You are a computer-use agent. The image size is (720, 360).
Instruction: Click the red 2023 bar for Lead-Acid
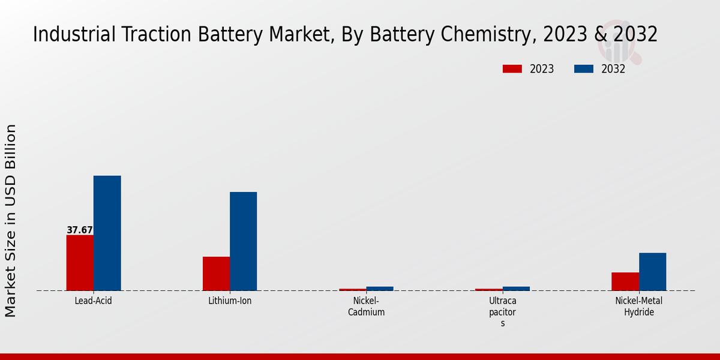(x=80, y=263)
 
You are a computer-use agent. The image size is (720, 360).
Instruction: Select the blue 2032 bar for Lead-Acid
(x=107, y=233)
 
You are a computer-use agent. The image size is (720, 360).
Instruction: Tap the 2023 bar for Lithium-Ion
(x=216, y=274)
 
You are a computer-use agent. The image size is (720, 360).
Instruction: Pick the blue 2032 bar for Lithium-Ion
(x=243, y=241)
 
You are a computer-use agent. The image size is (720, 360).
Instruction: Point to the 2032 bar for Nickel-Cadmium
(x=380, y=289)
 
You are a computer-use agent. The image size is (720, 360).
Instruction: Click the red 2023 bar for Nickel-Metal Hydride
(x=625, y=281)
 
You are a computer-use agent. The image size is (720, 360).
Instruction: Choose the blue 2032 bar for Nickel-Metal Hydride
(x=652, y=272)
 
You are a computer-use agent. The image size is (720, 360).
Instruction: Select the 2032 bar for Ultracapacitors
(x=516, y=289)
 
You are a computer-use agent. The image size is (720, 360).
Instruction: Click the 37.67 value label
(x=80, y=230)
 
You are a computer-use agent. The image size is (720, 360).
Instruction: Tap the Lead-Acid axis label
(x=93, y=301)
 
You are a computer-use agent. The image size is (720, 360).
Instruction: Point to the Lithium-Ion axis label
(x=230, y=301)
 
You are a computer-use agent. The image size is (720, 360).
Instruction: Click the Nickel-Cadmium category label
(x=366, y=306)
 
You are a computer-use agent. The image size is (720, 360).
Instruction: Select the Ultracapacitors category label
(x=503, y=311)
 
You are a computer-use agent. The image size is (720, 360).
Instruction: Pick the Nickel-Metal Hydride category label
(x=639, y=306)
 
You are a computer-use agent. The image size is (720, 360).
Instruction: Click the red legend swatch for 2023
(x=512, y=69)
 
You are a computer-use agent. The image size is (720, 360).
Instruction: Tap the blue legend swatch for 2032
(x=583, y=69)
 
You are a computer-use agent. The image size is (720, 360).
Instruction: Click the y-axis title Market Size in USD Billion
(x=11, y=220)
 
